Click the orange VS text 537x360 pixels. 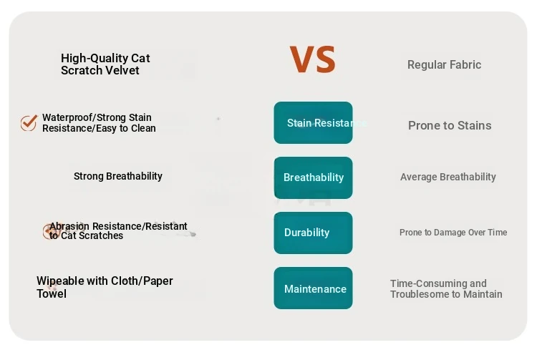pyautogui.click(x=313, y=59)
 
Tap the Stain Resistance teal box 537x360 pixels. pyautogui.click(x=313, y=122)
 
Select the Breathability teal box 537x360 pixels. pyautogui.click(x=313, y=177)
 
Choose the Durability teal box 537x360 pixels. pyautogui.click(x=313, y=233)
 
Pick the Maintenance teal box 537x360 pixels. pyautogui.click(x=313, y=288)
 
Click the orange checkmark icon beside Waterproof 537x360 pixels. pyautogui.click(x=29, y=122)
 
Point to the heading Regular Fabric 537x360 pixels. pyautogui.click(x=444, y=64)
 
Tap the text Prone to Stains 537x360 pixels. pyautogui.click(x=450, y=125)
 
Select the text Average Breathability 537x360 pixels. pyautogui.click(x=448, y=177)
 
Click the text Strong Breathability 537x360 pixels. pyautogui.click(x=118, y=176)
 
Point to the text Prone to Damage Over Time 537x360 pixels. pyautogui.click(x=453, y=233)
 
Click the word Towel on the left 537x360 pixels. pyautogui.click(x=52, y=293)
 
